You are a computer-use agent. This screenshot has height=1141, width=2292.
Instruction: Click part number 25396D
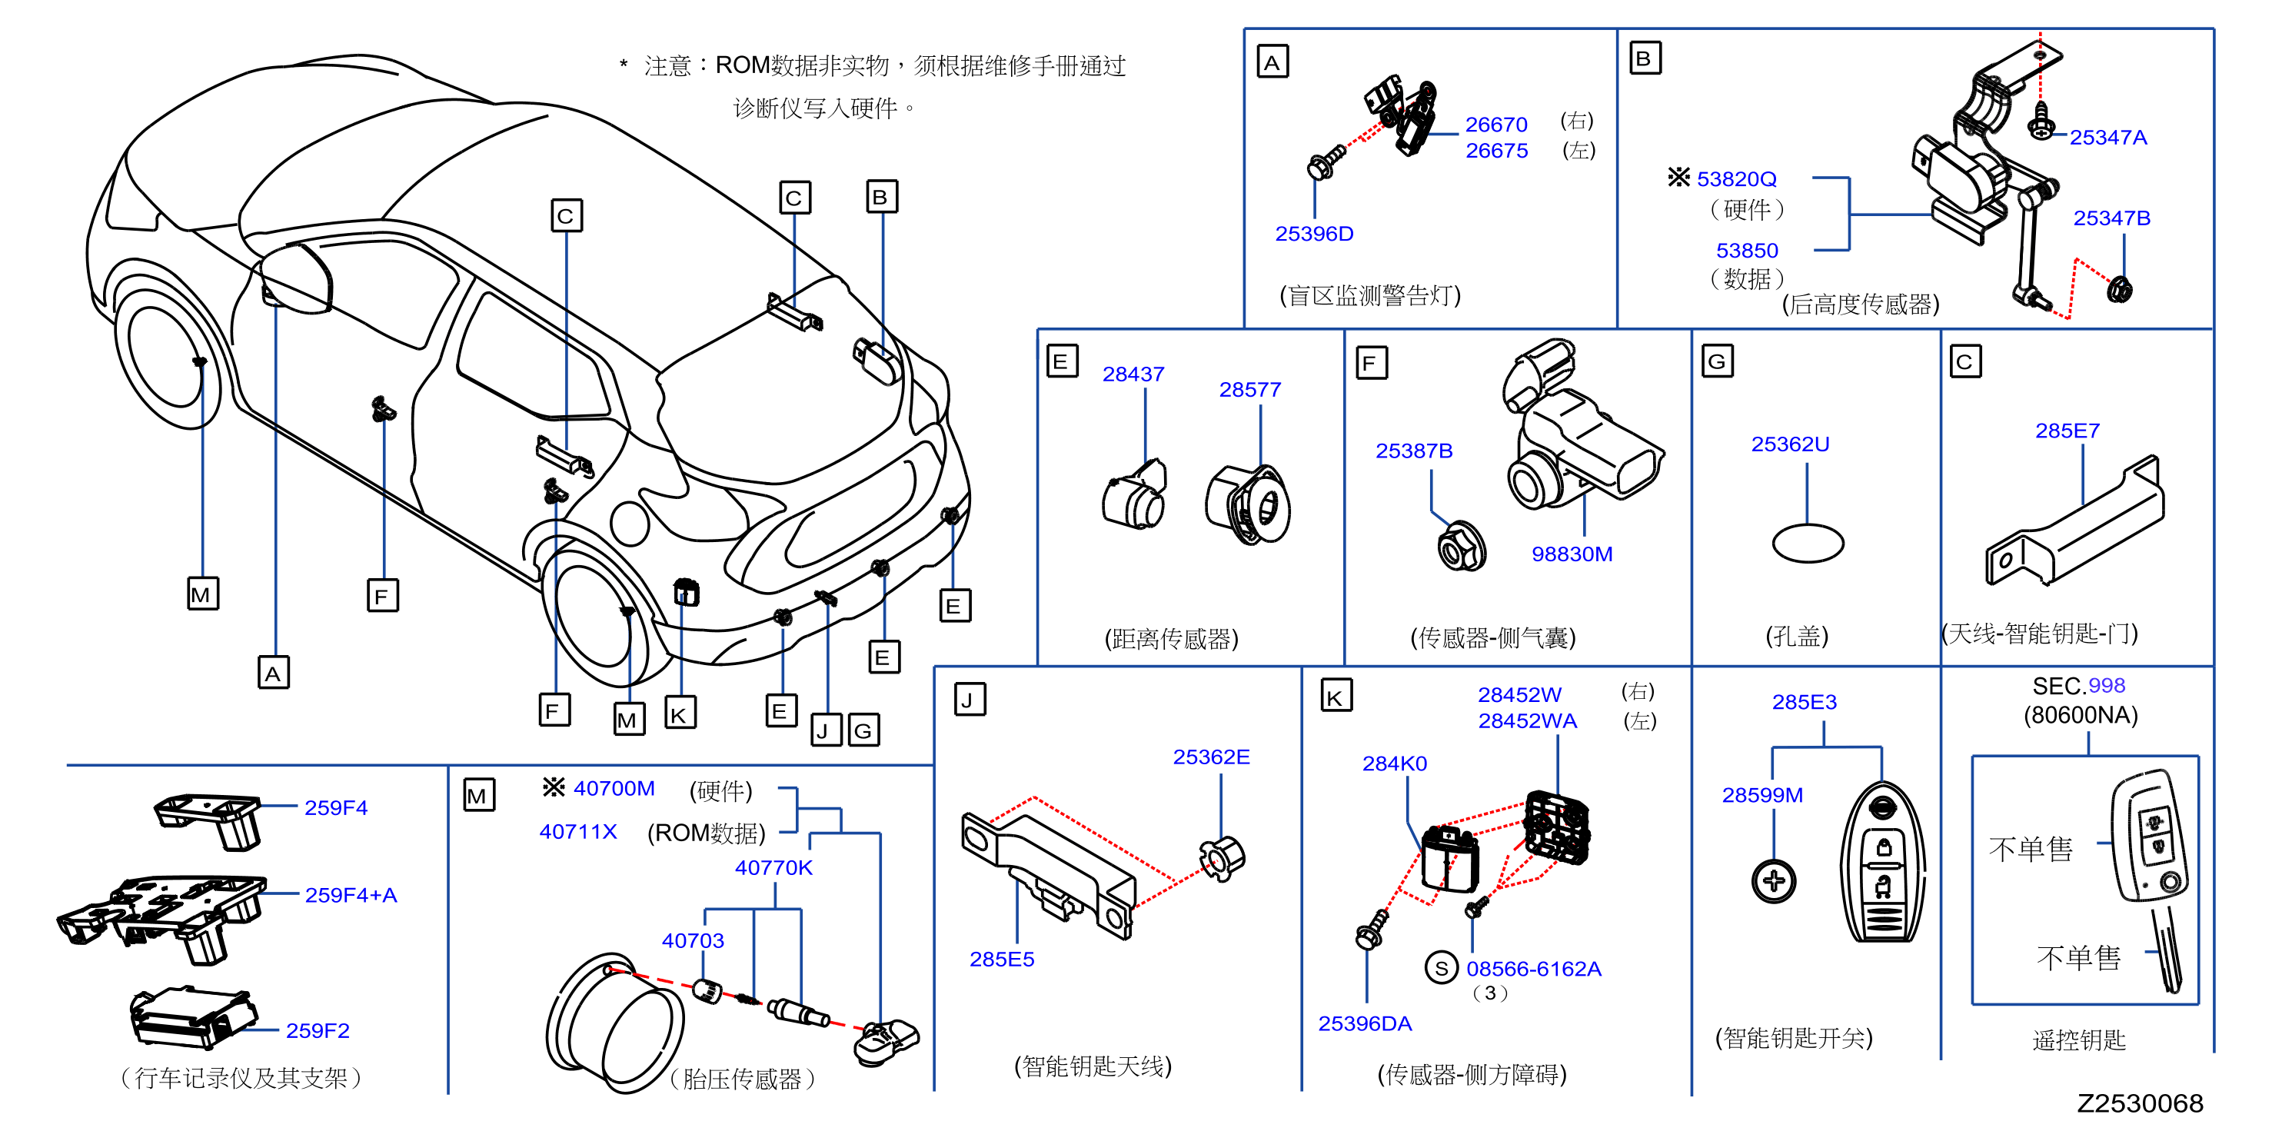tap(1314, 234)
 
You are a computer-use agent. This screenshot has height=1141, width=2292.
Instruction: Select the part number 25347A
tap(2107, 138)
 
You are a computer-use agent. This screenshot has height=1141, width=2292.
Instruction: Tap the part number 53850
tap(1747, 251)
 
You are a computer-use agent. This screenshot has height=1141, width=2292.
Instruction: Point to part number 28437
tap(1133, 374)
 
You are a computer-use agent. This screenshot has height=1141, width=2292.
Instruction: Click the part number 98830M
tap(1572, 554)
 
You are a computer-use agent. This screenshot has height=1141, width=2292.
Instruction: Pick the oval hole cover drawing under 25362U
tap(1808, 543)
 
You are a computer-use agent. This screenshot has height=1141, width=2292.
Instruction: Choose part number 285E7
tap(2067, 431)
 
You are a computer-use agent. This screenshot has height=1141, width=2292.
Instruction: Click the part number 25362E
tap(1211, 757)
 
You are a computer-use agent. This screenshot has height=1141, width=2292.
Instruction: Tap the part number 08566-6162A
tap(1533, 970)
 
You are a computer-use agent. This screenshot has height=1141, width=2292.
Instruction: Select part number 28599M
tap(1761, 796)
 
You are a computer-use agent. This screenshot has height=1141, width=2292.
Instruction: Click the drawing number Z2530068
tap(2140, 1103)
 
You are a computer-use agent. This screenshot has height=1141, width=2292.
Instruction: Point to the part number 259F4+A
tap(351, 896)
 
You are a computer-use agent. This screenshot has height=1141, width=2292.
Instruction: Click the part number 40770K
tap(773, 868)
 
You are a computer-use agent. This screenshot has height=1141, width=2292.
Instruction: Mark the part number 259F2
tap(318, 1030)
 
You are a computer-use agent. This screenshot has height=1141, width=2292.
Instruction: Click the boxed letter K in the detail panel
tap(1336, 697)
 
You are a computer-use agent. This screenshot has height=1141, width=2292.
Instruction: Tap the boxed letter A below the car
tap(273, 673)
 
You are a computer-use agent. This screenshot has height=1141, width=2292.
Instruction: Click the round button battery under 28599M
tap(1773, 882)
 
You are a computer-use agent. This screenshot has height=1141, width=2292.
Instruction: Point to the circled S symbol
tap(1442, 967)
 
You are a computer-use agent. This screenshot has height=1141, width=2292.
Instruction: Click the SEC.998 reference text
tap(2078, 686)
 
